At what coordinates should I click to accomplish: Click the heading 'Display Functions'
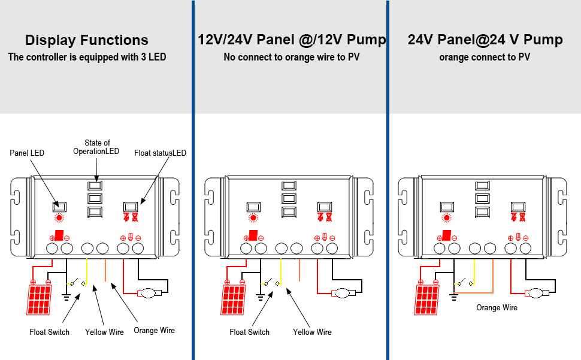click(87, 40)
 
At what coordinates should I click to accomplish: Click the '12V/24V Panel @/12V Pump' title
click(292, 40)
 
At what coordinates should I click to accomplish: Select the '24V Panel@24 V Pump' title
click(485, 40)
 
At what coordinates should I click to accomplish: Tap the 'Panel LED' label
click(27, 153)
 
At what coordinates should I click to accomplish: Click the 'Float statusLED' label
click(160, 153)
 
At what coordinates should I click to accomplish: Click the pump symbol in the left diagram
click(147, 294)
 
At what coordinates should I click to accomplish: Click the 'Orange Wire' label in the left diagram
click(154, 330)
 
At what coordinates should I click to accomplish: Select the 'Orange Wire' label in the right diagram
click(497, 307)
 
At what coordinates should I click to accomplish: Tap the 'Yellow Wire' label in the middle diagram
click(312, 332)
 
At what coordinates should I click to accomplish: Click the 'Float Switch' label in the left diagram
click(49, 332)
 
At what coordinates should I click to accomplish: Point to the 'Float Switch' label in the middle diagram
click(249, 332)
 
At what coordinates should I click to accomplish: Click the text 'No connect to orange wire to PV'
click(292, 58)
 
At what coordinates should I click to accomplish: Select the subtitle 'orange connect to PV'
click(485, 58)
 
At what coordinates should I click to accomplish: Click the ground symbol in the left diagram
click(66, 295)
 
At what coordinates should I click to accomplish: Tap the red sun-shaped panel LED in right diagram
click(446, 219)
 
